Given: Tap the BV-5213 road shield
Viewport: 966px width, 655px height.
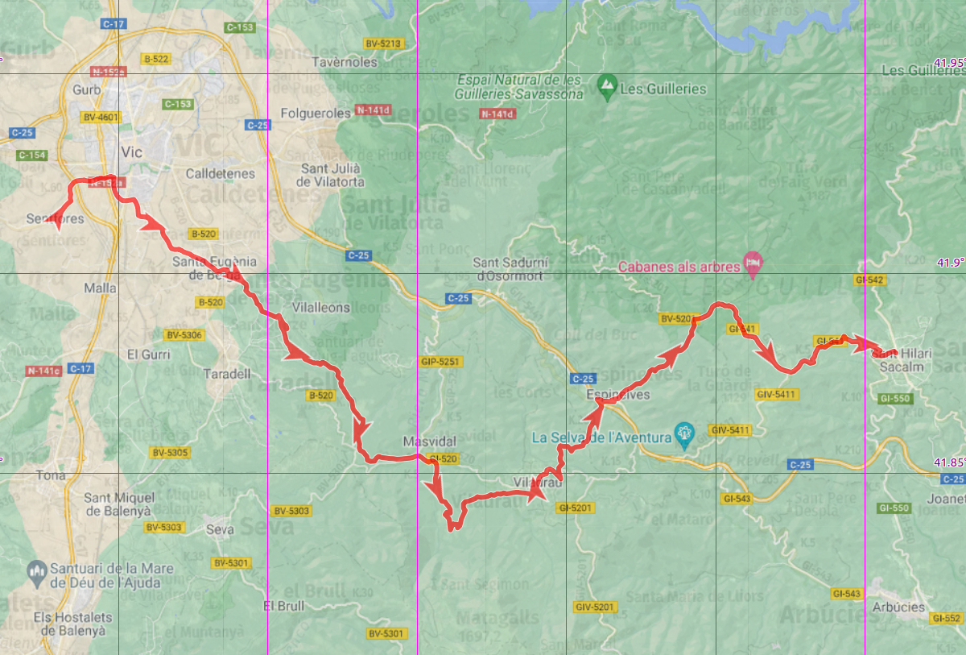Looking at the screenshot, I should click(383, 44).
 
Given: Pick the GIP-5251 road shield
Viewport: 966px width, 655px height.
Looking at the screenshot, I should click(440, 362).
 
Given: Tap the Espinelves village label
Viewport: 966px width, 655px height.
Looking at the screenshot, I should click(617, 396).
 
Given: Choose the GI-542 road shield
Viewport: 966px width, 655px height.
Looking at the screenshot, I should click(870, 280).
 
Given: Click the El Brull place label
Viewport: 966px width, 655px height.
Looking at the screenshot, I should click(284, 605).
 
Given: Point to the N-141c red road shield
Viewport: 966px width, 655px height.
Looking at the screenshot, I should click(43, 371).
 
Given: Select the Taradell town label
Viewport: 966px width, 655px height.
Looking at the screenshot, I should click(227, 374).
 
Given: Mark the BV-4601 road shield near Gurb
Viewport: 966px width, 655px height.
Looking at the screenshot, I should click(101, 118).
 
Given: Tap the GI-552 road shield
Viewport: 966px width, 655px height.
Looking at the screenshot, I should click(945, 618).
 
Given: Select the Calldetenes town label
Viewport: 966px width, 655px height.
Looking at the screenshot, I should click(220, 173).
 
